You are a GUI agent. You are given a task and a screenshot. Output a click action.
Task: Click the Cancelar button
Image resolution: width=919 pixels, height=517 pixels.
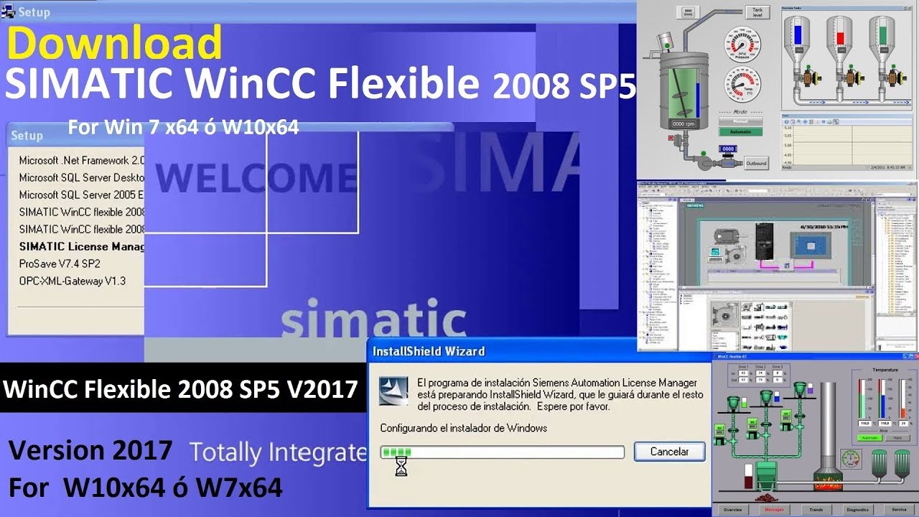[x=669, y=452]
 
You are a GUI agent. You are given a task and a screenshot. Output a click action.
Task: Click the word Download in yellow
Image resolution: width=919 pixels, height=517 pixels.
[x=115, y=43]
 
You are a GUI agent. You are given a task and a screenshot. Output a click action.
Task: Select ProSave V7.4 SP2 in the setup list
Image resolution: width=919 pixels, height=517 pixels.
[x=60, y=264]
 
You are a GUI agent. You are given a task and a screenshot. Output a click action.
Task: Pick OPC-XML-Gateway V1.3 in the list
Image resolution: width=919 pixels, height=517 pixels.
[x=72, y=281]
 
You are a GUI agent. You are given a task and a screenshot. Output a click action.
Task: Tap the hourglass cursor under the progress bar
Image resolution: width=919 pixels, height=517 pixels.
[x=401, y=467]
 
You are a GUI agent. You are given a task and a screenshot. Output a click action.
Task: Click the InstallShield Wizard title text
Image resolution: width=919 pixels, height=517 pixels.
[x=429, y=351]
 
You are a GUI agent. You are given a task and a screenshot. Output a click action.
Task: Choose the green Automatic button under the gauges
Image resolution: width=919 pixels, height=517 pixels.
[x=740, y=132]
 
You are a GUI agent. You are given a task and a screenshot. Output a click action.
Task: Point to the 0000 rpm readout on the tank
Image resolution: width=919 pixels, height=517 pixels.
[x=683, y=124]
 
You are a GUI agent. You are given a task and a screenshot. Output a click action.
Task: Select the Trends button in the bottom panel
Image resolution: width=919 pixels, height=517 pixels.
[x=816, y=509]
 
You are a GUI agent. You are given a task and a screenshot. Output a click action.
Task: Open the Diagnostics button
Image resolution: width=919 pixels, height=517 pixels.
[x=857, y=509]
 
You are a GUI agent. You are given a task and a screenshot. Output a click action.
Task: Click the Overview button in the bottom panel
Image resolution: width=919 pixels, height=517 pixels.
[x=732, y=509]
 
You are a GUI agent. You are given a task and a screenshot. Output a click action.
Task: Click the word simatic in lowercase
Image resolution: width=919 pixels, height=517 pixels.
[x=373, y=320]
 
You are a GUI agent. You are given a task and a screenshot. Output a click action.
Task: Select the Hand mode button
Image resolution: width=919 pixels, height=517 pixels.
[x=897, y=438]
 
